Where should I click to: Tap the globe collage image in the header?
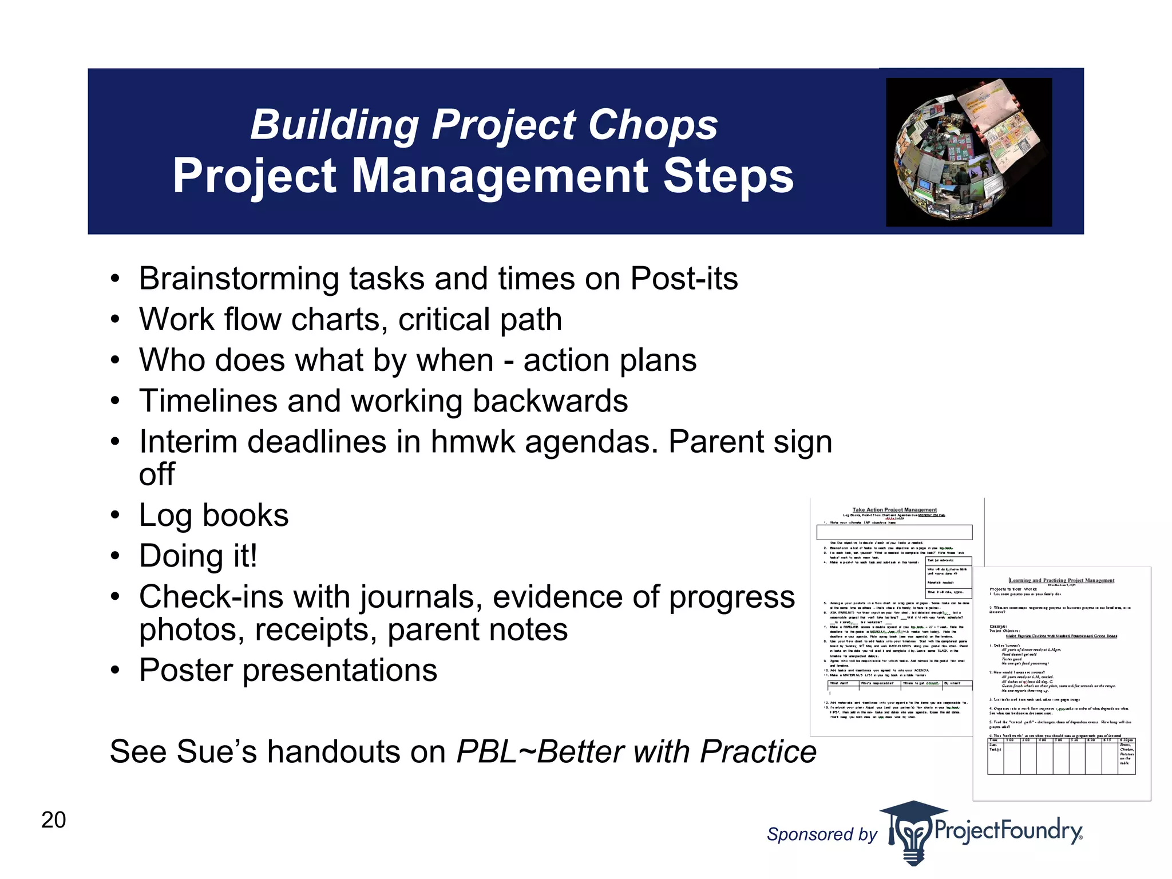click(x=968, y=152)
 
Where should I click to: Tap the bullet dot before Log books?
click(x=116, y=516)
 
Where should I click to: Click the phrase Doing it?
click(x=198, y=556)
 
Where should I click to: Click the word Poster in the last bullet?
click(x=185, y=670)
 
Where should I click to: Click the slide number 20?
click(x=53, y=820)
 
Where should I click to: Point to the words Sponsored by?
click(x=821, y=834)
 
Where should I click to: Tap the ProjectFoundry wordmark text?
click(x=1007, y=830)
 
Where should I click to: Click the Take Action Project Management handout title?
click(x=894, y=509)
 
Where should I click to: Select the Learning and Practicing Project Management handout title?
click(x=1062, y=580)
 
